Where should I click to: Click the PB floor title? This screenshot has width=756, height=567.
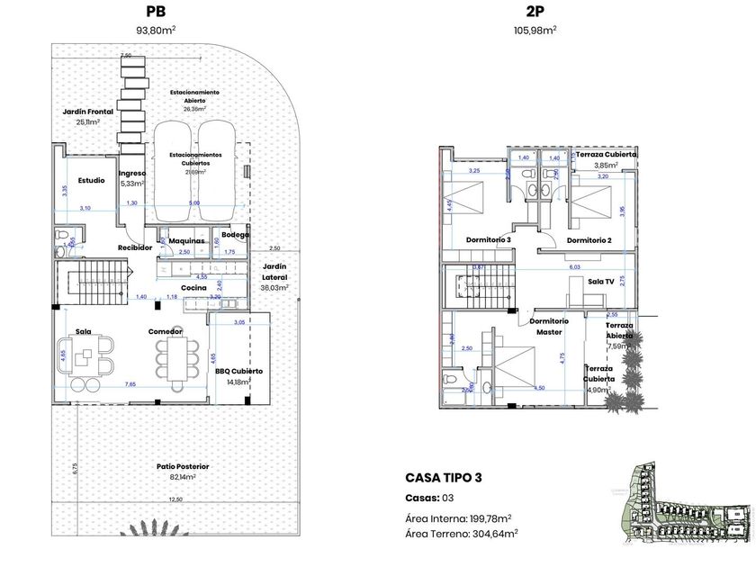pos(155,12)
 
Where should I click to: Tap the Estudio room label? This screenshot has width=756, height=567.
pos(91,180)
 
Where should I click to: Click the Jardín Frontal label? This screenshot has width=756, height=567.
pos(87,112)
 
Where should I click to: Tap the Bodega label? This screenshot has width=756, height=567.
pos(235,235)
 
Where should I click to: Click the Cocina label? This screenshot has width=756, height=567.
pos(194,288)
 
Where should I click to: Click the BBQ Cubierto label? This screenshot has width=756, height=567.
pos(238,371)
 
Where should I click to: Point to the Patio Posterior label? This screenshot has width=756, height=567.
pos(183,466)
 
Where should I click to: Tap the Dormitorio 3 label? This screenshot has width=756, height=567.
pos(489,239)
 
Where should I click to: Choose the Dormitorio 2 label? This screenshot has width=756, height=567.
pos(589,240)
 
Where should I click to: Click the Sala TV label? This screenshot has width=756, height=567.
pos(600,282)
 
